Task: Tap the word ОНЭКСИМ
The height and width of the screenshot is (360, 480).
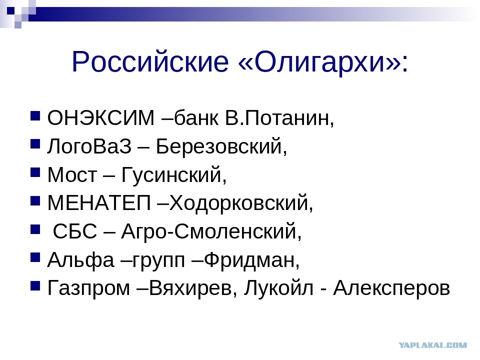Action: [100, 117]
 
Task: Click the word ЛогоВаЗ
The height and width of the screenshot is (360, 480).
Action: [89, 146]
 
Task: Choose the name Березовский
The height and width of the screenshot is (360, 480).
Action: [219, 146]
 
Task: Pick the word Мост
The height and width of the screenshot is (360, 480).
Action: [72, 174]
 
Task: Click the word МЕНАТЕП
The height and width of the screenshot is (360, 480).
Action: [99, 202]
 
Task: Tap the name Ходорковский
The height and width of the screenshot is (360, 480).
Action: [238, 203]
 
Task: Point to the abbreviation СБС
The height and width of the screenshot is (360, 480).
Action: [75, 231]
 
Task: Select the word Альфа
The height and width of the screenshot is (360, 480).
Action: [81, 260]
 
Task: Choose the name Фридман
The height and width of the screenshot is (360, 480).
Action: [249, 260]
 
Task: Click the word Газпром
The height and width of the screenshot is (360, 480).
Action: [89, 288]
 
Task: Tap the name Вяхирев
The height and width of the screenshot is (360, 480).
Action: [190, 288]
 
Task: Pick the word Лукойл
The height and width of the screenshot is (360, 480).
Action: [279, 288]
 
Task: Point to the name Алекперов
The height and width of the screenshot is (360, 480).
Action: [391, 288]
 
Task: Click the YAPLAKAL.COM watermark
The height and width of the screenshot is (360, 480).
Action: [432, 345]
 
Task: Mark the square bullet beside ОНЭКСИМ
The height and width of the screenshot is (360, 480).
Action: [35, 116]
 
